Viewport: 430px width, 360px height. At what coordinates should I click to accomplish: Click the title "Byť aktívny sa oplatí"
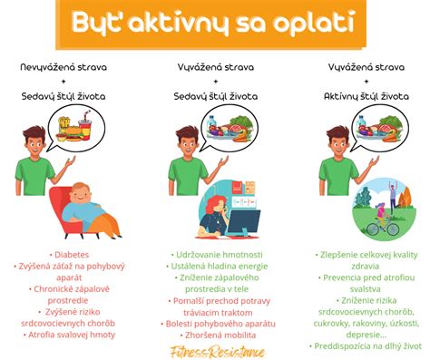click(x=215, y=22)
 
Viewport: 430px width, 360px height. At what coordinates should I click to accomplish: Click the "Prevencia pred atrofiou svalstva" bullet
click(x=367, y=283)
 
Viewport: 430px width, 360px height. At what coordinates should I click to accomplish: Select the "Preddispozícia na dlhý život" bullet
click(x=367, y=345)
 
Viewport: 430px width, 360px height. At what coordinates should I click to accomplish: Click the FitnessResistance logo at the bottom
click(x=215, y=350)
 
